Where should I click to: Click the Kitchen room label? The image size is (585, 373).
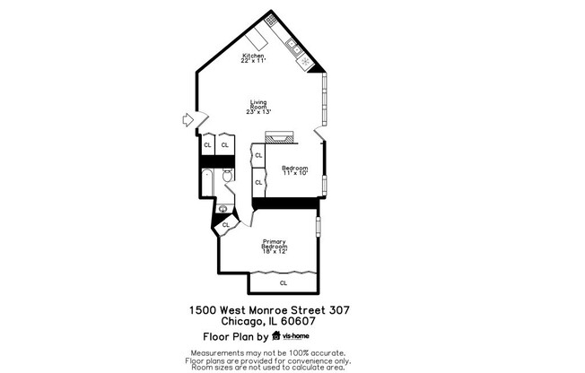[x=252, y=56]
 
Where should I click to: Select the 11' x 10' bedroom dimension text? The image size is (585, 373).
[x=295, y=174]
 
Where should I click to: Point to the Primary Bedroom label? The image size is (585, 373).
[x=275, y=243]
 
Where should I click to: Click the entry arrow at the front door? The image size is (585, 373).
[x=188, y=119]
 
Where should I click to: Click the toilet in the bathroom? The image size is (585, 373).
[x=228, y=174]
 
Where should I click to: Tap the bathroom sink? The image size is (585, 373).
[x=223, y=209]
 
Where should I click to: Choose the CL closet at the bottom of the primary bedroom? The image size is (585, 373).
[x=284, y=282]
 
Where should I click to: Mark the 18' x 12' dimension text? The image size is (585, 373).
[x=275, y=251]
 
